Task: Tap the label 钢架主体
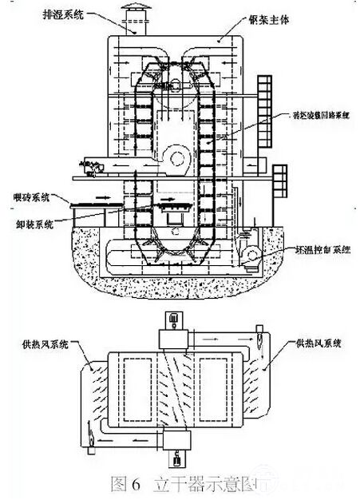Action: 269,18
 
